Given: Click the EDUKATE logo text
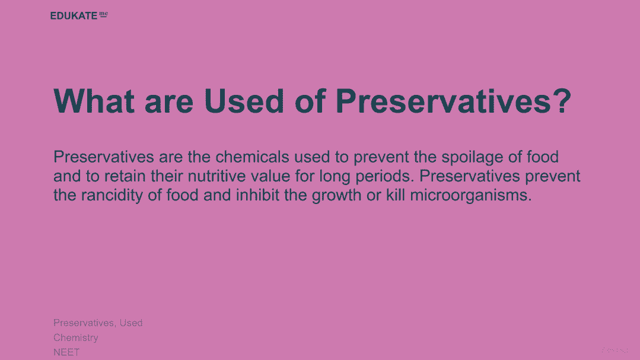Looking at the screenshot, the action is [x=74, y=15].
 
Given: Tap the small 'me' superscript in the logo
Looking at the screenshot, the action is [x=104, y=14].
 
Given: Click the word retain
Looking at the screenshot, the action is [x=125, y=176].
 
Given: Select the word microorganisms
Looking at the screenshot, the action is [x=471, y=196].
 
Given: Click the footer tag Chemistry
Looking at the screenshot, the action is [x=76, y=338].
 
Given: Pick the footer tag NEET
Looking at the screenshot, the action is [x=66, y=352].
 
